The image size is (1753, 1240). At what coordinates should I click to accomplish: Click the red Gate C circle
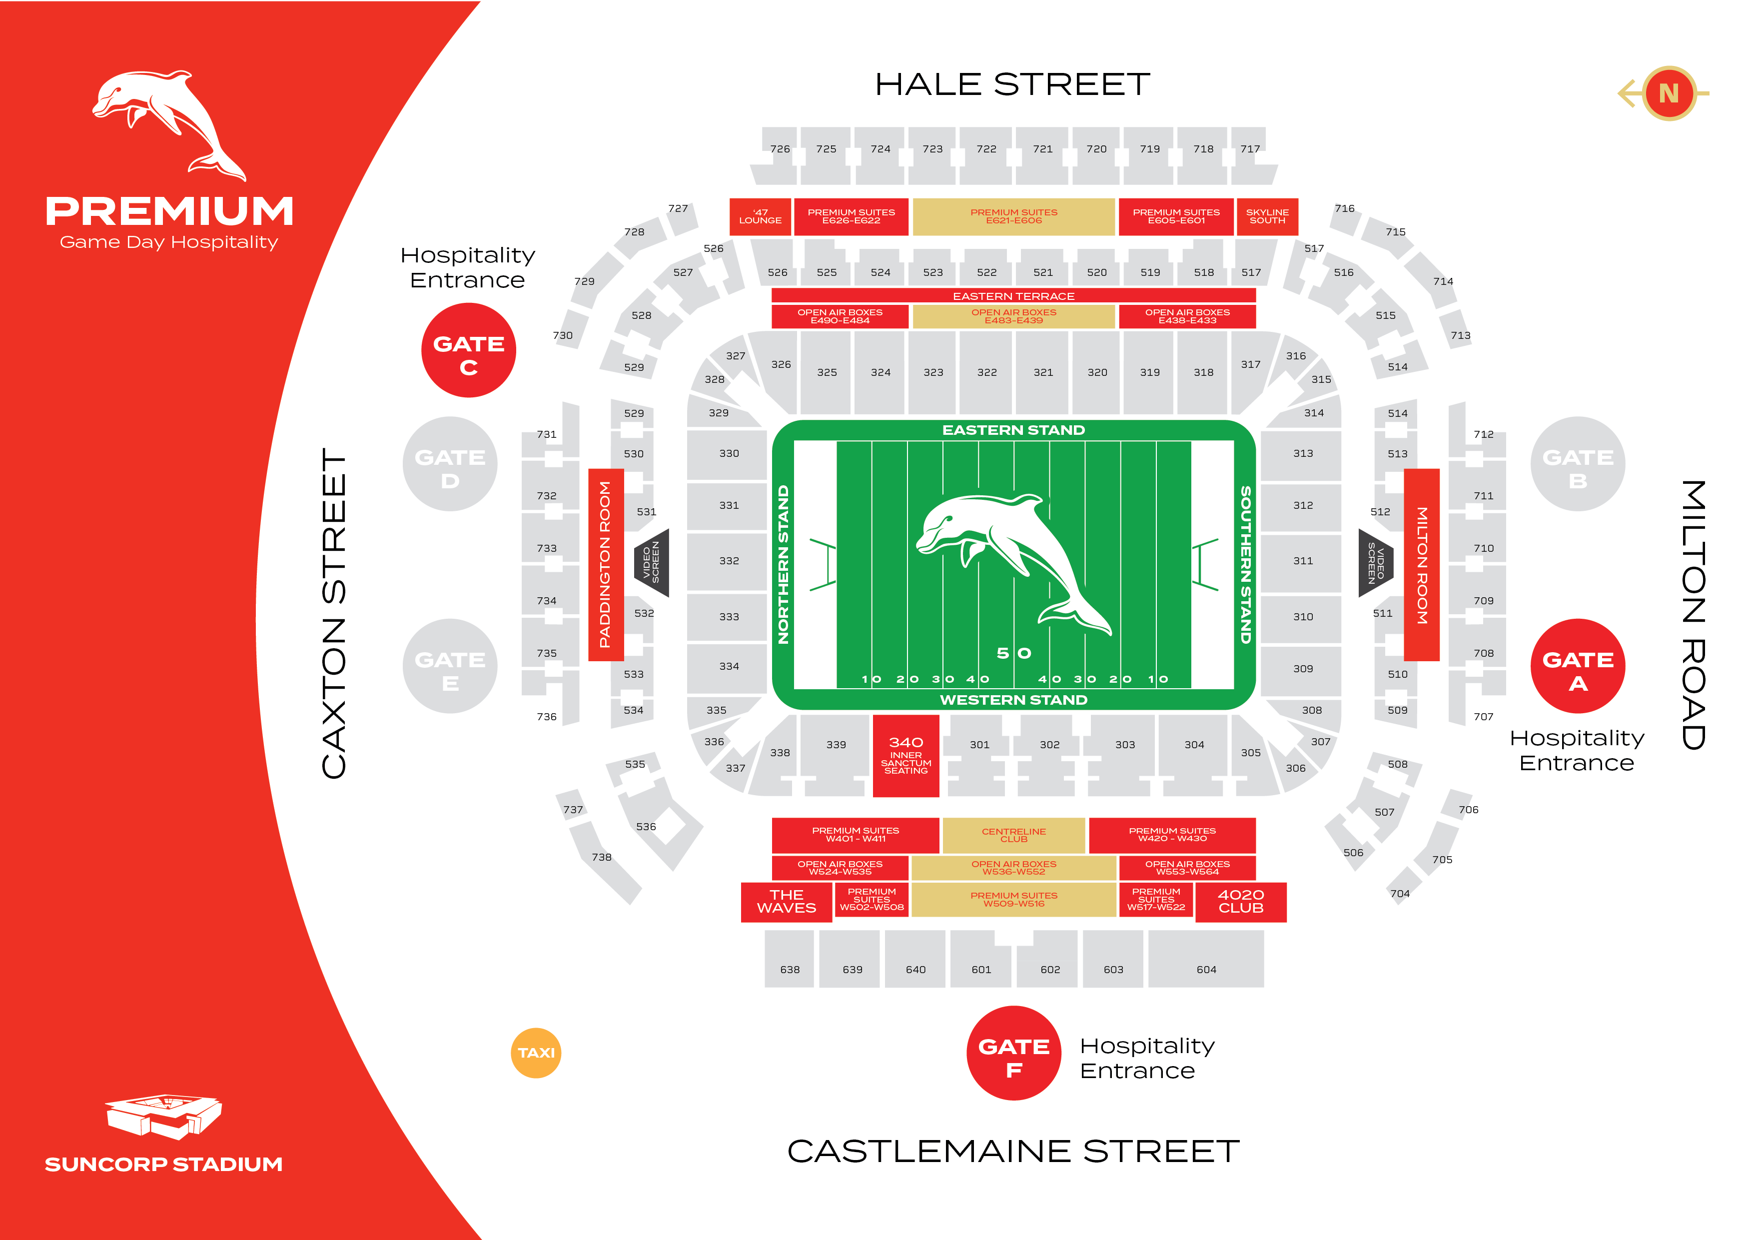click(x=468, y=350)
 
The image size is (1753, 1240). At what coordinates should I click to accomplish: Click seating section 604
click(x=1206, y=959)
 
